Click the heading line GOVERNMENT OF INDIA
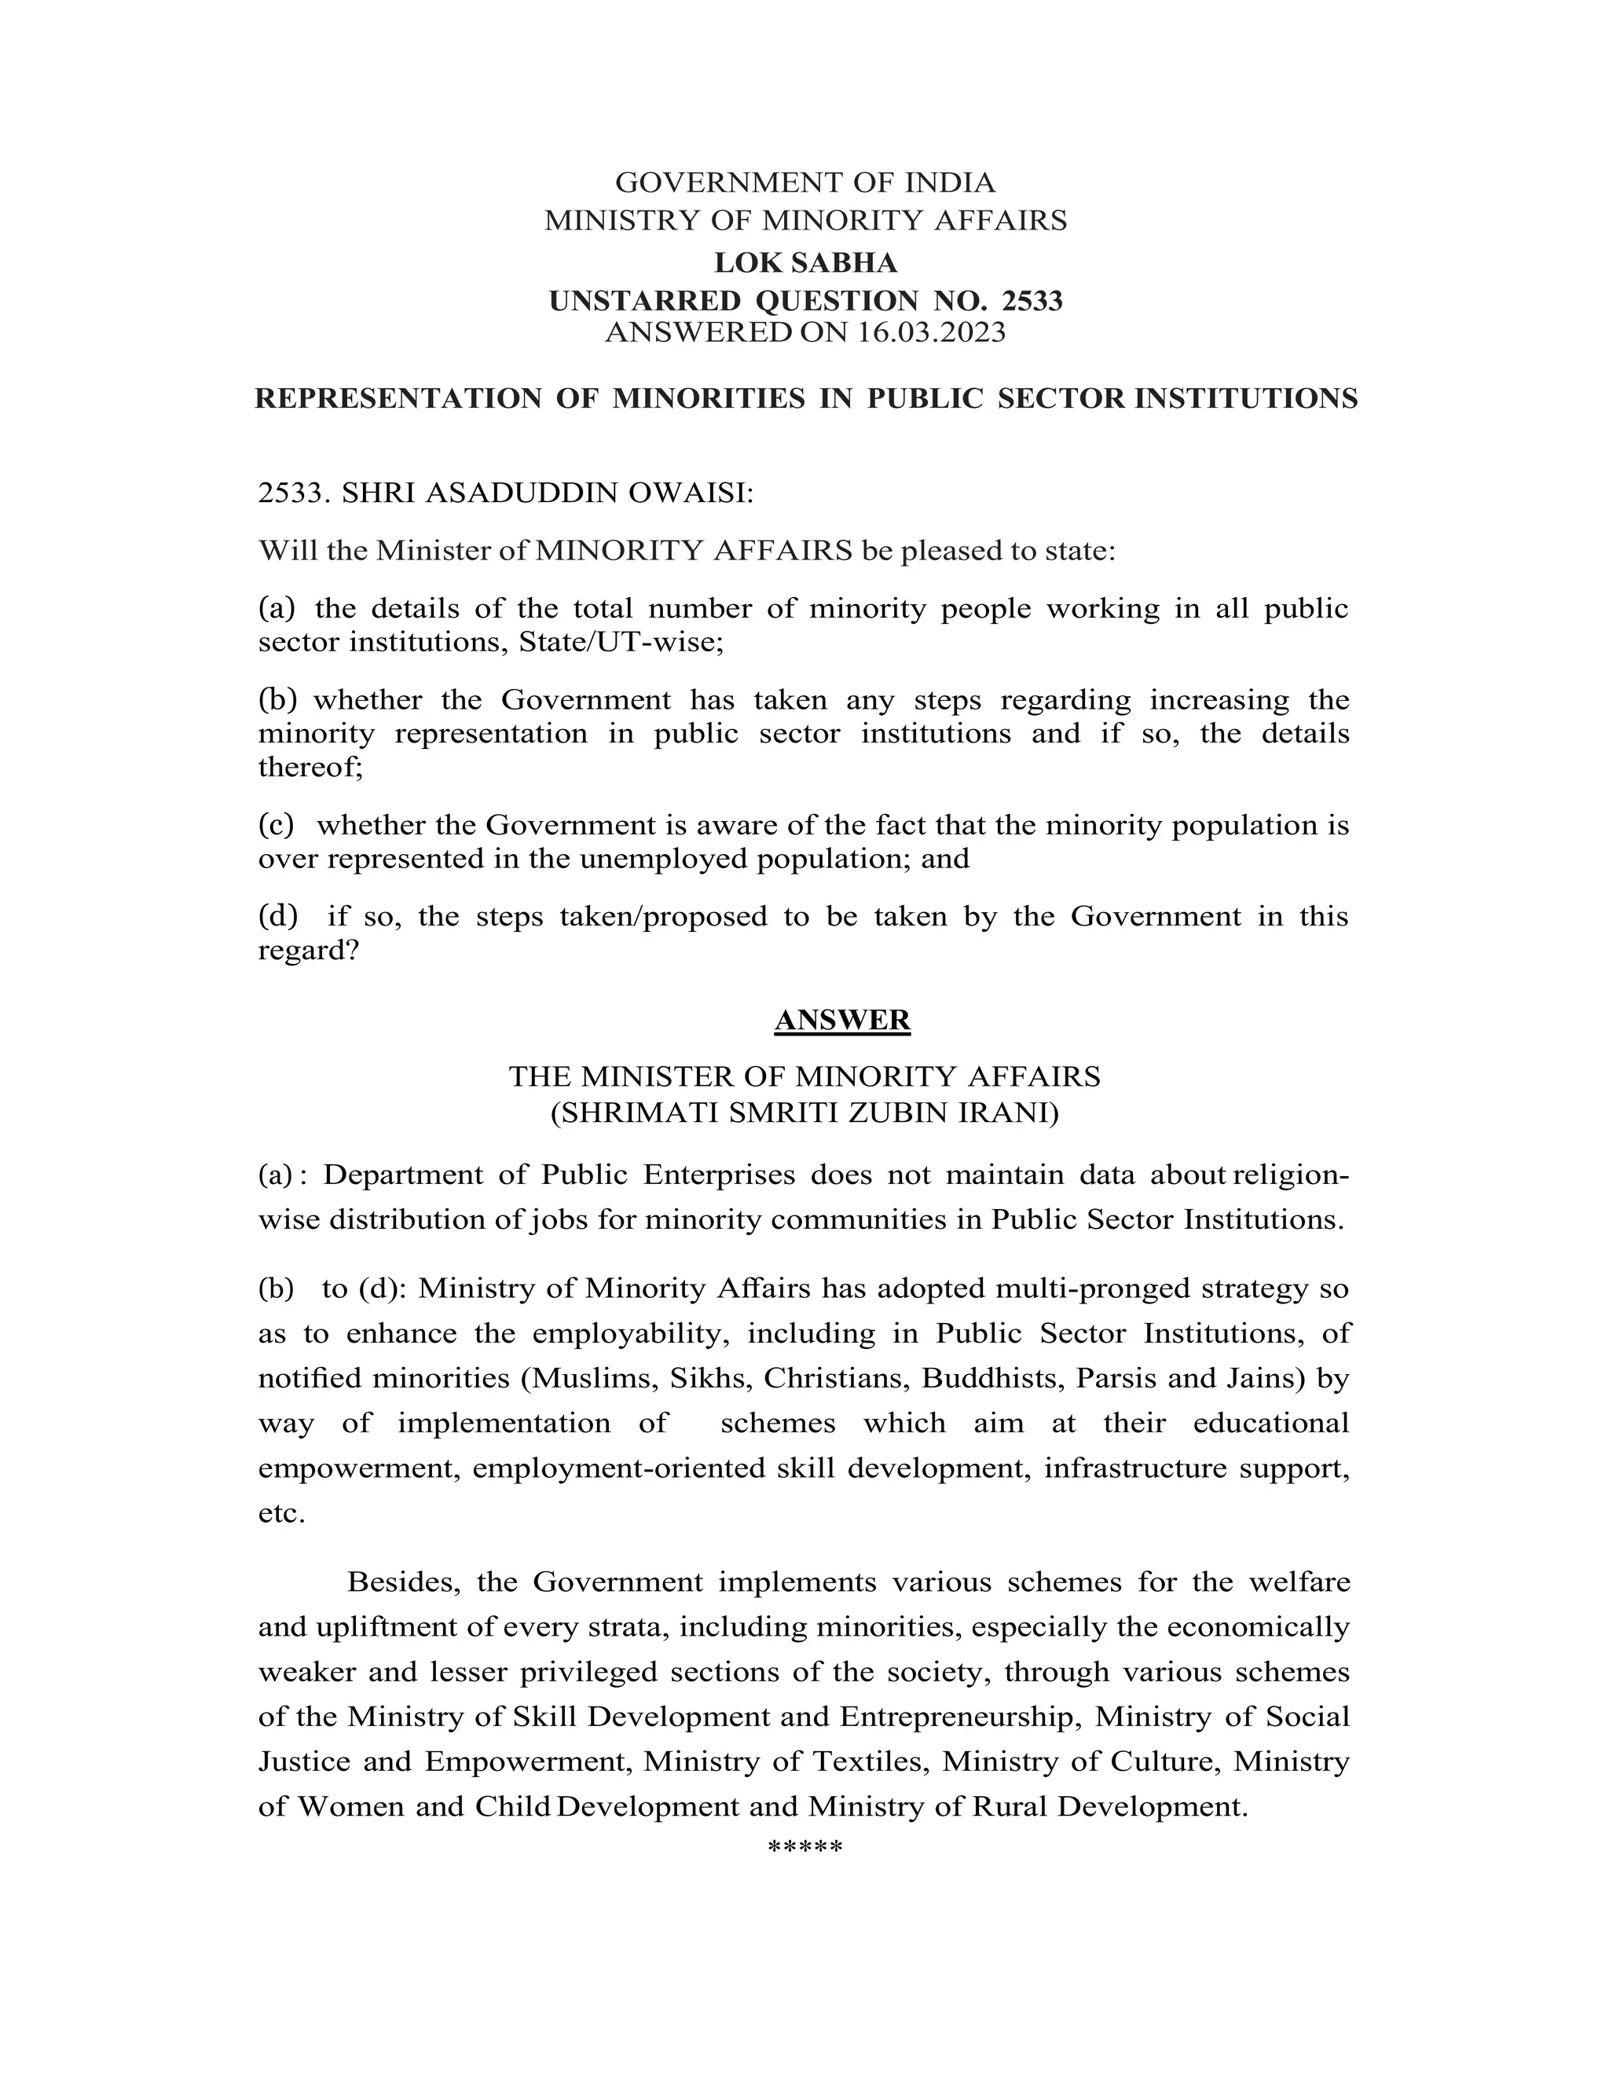tap(804, 182)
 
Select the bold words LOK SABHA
tap(805, 262)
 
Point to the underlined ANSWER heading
tap(843, 1020)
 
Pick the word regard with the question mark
tap(308, 951)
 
